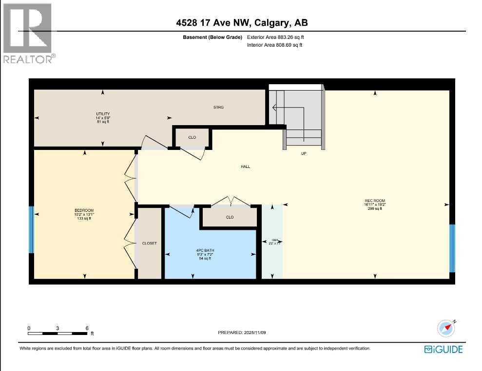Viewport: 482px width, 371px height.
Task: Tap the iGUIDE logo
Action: [x=443, y=349]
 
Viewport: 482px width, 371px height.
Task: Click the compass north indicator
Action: [x=446, y=329]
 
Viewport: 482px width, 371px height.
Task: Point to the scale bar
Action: [x=58, y=333]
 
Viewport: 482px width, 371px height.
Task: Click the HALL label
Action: [x=245, y=167]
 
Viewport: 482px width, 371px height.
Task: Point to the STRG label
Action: [x=218, y=107]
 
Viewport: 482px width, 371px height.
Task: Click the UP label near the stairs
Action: [x=303, y=153]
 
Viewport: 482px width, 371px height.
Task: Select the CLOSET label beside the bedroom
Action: [x=149, y=243]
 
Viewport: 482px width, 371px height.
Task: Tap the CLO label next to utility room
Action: [x=192, y=137]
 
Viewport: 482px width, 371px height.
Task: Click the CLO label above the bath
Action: [x=230, y=217]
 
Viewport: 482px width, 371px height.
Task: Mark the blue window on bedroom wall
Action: [x=31, y=230]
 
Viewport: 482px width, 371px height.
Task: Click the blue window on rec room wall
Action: [x=452, y=248]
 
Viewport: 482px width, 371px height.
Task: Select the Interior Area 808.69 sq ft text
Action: [x=275, y=45]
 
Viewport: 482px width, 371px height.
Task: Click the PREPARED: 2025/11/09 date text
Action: [x=242, y=333]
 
